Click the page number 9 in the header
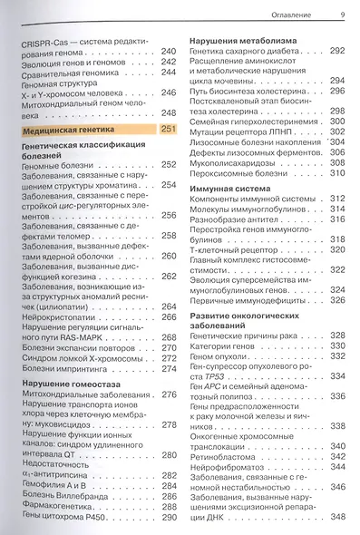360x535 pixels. click(x=341, y=14)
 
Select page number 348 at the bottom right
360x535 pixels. click(x=338, y=516)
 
